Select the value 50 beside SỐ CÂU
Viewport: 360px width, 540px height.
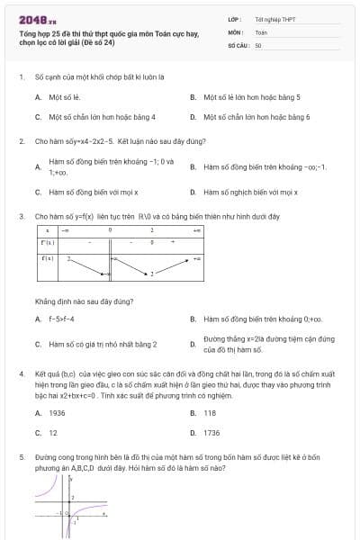coord(258,44)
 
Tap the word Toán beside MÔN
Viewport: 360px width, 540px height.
coord(261,31)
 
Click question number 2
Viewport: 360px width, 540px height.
coord(21,141)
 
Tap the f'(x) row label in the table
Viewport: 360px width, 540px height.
coord(48,242)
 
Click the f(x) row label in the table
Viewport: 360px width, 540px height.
coord(48,258)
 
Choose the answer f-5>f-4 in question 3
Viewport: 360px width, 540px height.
coord(59,319)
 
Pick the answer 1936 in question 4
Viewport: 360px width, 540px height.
coord(57,412)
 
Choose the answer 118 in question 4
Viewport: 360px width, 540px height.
coord(210,412)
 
